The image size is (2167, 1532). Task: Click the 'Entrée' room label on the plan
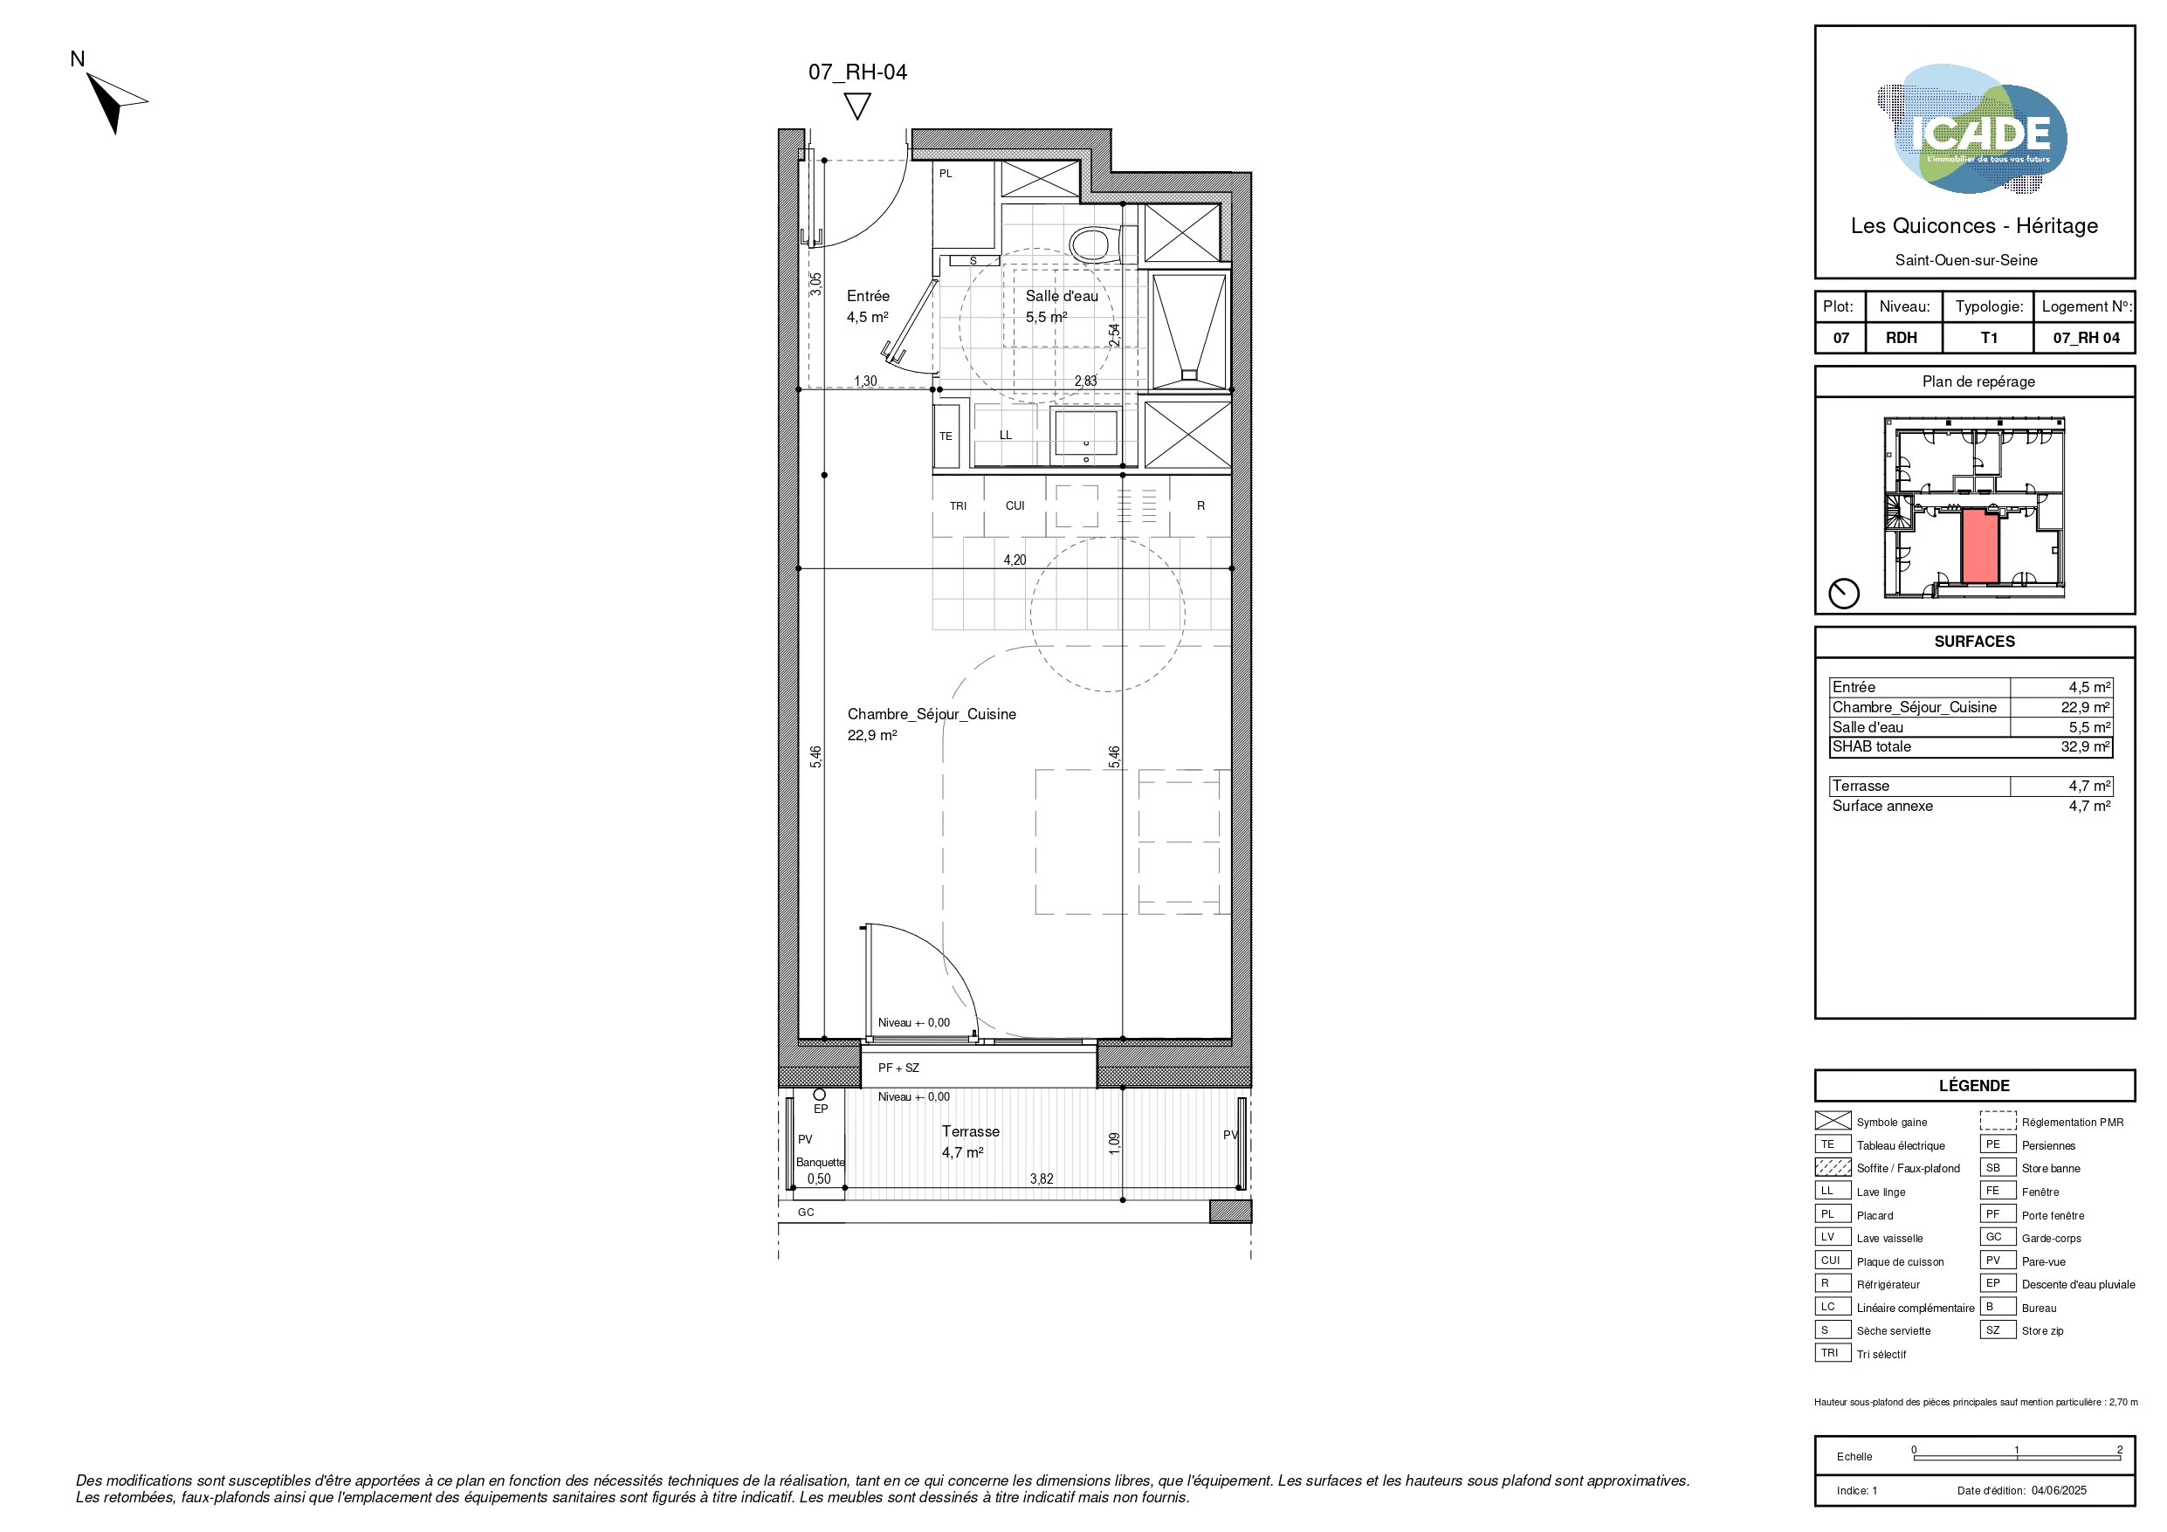click(867, 297)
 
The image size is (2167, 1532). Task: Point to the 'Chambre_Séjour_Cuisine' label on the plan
click(932, 715)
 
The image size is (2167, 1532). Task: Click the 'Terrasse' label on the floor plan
click(970, 1132)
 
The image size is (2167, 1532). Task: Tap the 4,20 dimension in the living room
click(1015, 560)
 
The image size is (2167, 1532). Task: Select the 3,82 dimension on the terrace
click(1041, 1179)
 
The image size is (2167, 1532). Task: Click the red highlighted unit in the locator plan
click(1980, 546)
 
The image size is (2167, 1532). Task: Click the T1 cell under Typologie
click(1989, 338)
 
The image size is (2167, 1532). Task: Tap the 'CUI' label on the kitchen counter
click(1015, 506)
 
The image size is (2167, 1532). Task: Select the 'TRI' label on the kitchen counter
click(958, 506)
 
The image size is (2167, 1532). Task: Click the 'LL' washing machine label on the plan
click(1005, 435)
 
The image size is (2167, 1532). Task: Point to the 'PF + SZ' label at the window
click(898, 1068)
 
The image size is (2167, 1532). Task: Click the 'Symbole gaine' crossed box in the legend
click(1833, 1122)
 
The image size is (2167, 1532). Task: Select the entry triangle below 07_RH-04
click(857, 106)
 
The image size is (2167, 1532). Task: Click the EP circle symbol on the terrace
click(819, 1095)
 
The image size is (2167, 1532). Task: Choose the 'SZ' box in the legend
click(1997, 1330)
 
